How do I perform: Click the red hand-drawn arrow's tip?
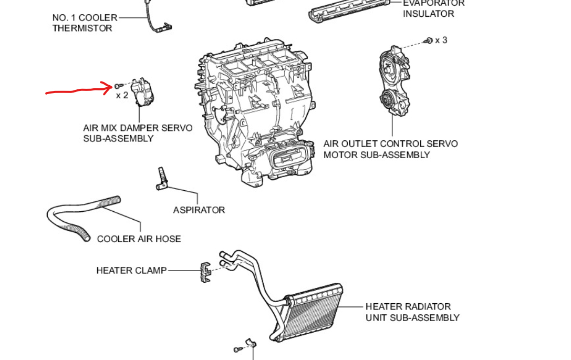(112, 88)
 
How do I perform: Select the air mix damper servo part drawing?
(144, 92)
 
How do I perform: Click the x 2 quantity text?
(122, 95)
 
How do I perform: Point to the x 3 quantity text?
(441, 40)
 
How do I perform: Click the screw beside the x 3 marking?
(429, 40)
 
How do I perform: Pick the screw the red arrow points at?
(118, 85)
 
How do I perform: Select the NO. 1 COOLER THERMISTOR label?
(85, 23)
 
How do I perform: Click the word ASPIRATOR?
(199, 210)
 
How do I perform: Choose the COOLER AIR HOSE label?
(139, 239)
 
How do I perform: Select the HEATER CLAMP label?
(131, 270)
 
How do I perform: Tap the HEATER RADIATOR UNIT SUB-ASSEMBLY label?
(412, 312)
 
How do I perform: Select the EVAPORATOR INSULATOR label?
(433, 8)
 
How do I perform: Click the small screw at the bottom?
(237, 349)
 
